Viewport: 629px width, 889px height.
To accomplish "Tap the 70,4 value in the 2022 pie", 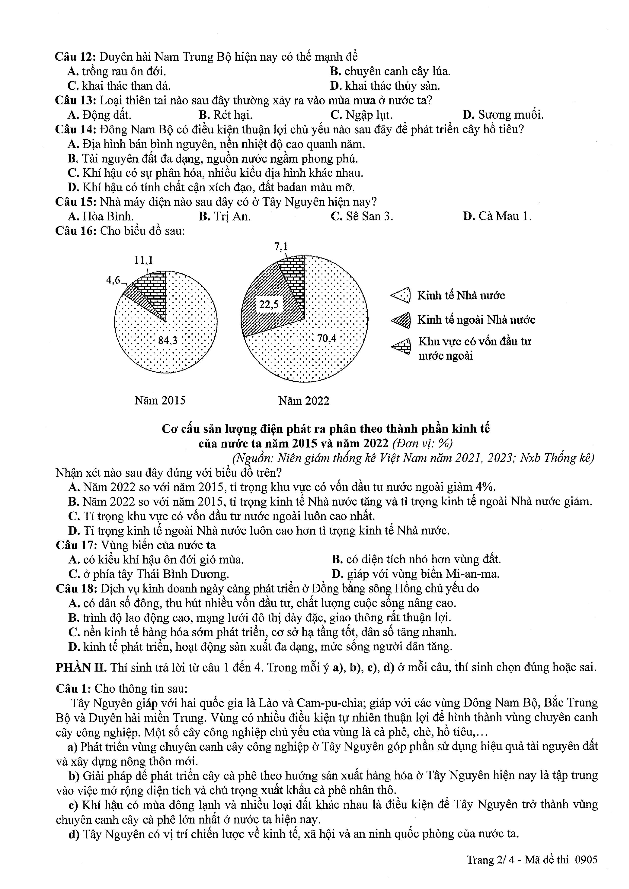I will pyautogui.click(x=327, y=338).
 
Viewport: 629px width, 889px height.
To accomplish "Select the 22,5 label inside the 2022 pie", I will pyautogui.click(x=269, y=304).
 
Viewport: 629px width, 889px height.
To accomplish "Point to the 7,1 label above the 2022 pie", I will pyautogui.click(x=281, y=247).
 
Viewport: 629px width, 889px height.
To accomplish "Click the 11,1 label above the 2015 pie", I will pyautogui.click(x=144, y=260).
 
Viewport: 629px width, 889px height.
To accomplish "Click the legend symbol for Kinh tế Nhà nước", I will pyautogui.click(x=401, y=296).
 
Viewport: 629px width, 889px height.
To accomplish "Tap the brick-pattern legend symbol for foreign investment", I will pyautogui.click(x=401, y=346).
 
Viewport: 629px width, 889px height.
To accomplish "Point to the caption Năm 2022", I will pyautogui.click(x=304, y=401).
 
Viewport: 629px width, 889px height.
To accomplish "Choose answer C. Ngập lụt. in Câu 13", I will pyautogui.click(x=361, y=115).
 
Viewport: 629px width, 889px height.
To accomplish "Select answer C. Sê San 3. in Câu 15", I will pyautogui.click(x=362, y=216).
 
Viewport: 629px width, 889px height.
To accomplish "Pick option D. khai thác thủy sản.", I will pyautogui.click(x=385, y=86).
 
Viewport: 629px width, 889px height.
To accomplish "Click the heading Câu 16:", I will pyautogui.click(x=76, y=231).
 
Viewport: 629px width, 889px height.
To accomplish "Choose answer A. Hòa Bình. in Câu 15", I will pyautogui.click(x=101, y=216).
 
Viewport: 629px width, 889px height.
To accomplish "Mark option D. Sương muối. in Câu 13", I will pyautogui.click(x=503, y=115).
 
